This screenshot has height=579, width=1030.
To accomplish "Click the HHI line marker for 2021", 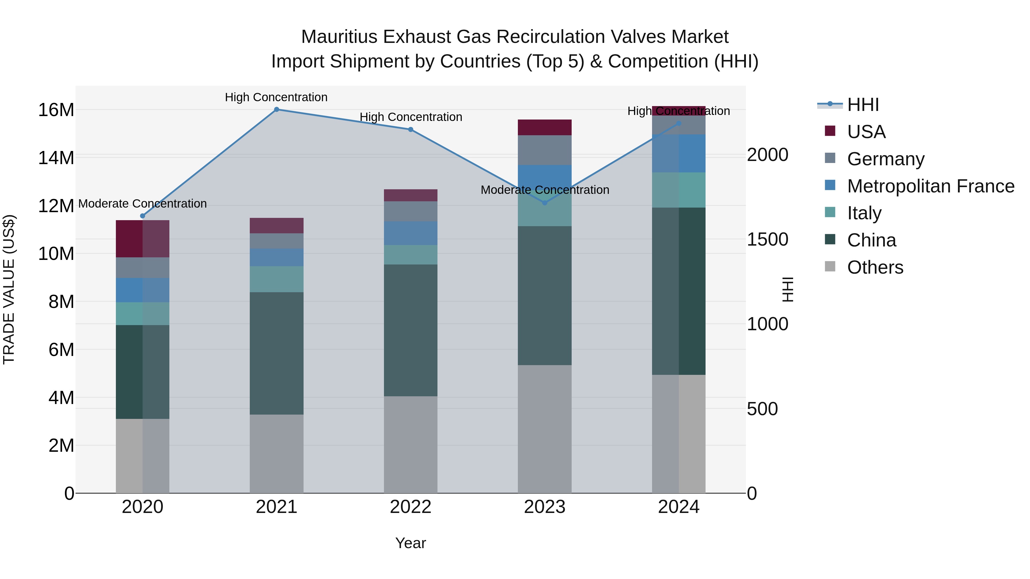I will [x=276, y=110].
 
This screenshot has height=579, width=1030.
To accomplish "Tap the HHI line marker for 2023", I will [x=544, y=203].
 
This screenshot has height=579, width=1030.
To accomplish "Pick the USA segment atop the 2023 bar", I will [x=544, y=128].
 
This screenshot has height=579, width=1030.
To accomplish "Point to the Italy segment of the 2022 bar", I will [x=410, y=255].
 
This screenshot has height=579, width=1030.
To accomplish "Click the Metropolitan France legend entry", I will [x=930, y=186].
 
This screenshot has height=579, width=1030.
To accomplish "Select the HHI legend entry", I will [x=863, y=105].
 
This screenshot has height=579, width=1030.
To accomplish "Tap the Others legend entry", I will [x=875, y=267].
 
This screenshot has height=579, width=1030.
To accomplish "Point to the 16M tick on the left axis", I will [x=56, y=110].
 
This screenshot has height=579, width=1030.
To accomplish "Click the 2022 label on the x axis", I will [x=410, y=507].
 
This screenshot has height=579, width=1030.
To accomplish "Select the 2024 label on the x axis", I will [x=679, y=507].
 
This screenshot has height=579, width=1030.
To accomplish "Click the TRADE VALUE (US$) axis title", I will [x=9, y=289].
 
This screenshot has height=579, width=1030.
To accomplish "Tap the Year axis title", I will [x=410, y=543].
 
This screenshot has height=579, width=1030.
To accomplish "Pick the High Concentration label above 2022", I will [x=411, y=117].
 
